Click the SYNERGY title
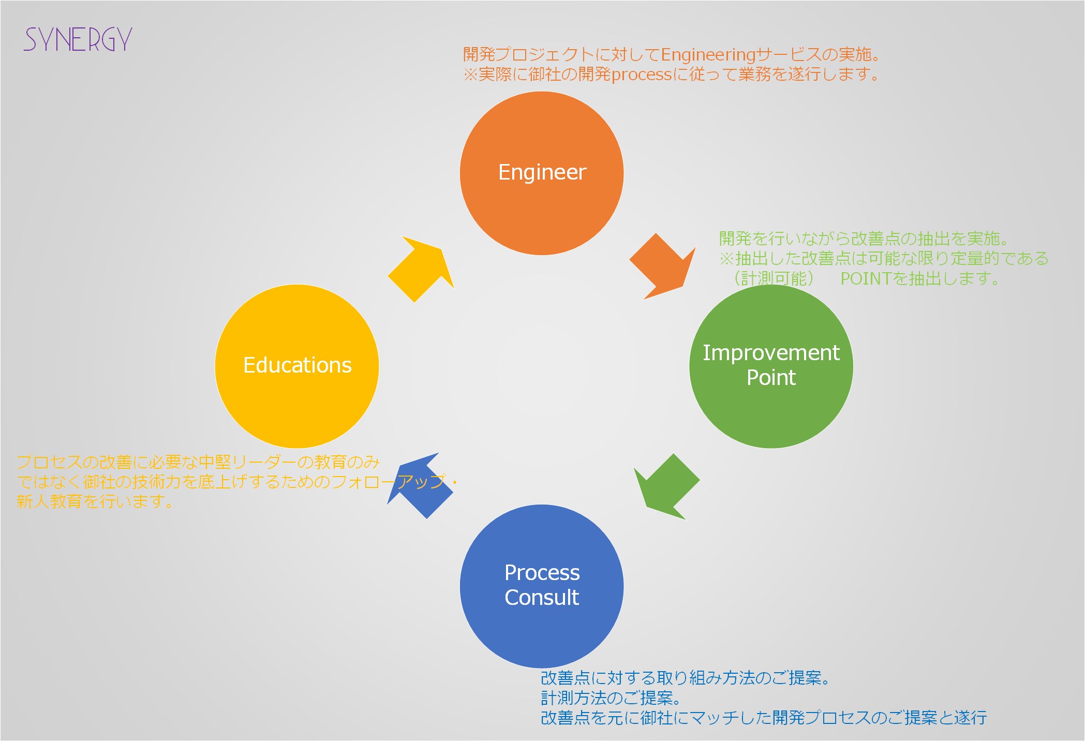coord(78,39)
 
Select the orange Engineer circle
coord(542,173)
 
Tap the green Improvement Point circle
coord(771,366)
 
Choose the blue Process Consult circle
coord(542,586)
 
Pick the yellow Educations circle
coord(297,366)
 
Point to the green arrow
coord(666,486)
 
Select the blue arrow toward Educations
coord(420,485)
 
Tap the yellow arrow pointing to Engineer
coord(421,269)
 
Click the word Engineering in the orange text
coord(708,54)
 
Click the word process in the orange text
coord(642,75)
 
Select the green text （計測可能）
coord(774,279)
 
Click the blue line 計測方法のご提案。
coord(612,698)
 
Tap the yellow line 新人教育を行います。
coord(95,501)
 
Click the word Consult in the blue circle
coord(542,598)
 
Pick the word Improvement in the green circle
coord(771,353)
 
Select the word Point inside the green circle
coord(771,378)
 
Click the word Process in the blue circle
coord(542,573)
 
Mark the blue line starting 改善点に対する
coord(686,678)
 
